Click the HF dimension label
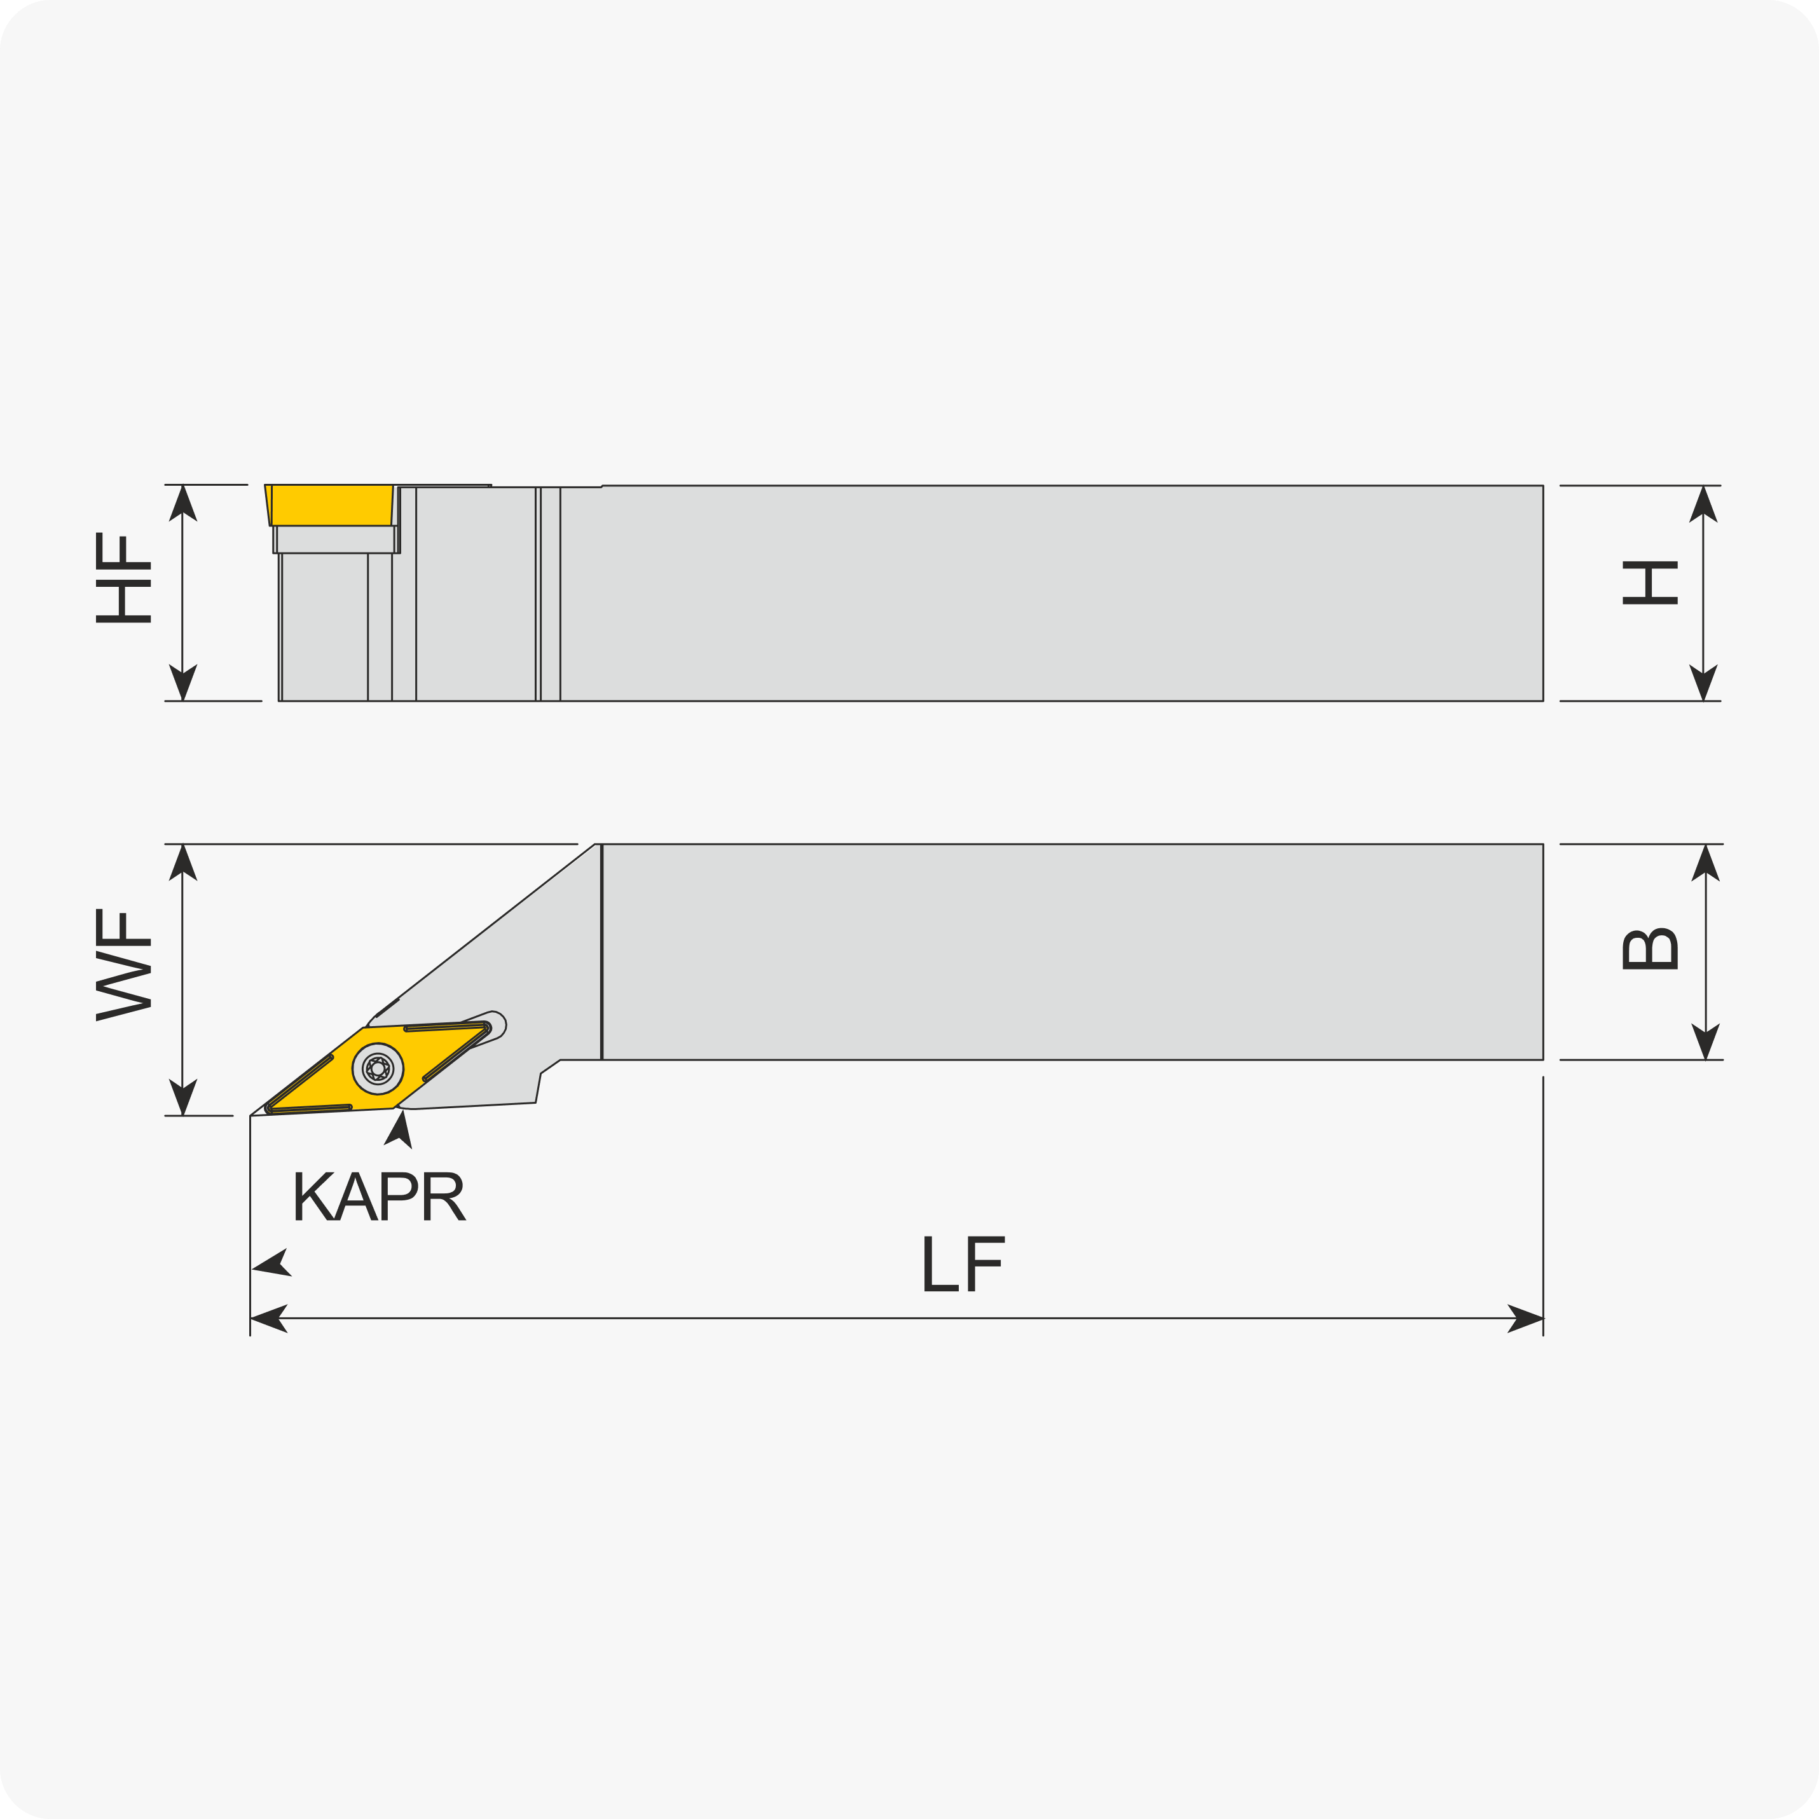pyautogui.click(x=123, y=577)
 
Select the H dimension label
pyautogui.click(x=1649, y=583)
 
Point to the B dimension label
pyautogui.click(x=1649, y=949)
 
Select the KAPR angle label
pyautogui.click(x=380, y=1196)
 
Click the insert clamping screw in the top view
pyautogui.click(x=378, y=1069)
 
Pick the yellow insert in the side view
pyautogui.click(x=329, y=505)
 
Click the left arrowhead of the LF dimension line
pyautogui.click(x=268, y=1318)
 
